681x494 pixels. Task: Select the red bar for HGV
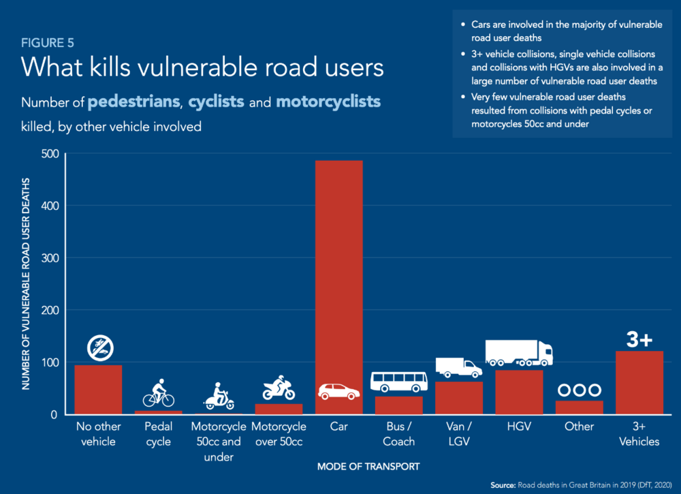(x=519, y=392)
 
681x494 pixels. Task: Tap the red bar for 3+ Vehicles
(x=639, y=383)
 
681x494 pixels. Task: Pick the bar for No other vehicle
(x=98, y=390)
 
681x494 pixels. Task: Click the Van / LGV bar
(x=459, y=398)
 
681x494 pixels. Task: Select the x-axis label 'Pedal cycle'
(x=159, y=434)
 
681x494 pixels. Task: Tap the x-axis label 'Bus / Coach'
(x=399, y=434)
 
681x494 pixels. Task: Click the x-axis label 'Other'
(x=579, y=427)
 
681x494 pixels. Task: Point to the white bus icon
(x=399, y=382)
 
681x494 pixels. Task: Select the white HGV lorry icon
(x=519, y=352)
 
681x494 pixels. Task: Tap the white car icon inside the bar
(x=339, y=392)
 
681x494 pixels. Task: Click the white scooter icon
(x=219, y=397)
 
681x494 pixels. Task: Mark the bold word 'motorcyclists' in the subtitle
(x=328, y=102)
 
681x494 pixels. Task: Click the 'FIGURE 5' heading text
(x=47, y=43)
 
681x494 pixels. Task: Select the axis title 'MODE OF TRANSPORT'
(x=368, y=467)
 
